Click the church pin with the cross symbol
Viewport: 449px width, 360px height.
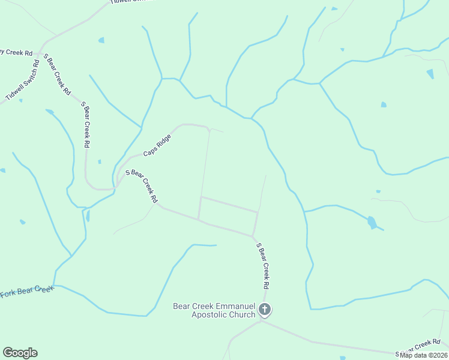(265, 310)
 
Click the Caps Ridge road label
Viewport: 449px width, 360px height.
(157, 146)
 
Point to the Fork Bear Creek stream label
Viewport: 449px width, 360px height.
(27, 292)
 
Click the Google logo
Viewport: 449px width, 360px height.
(20, 353)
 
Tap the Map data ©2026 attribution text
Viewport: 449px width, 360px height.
(423, 355)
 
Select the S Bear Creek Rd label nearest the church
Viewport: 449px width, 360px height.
(263, 266)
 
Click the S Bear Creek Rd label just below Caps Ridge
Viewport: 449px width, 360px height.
(141, 186)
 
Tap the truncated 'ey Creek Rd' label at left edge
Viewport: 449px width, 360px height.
(16, 53)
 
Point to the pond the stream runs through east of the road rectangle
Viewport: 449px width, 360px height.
(372, 223)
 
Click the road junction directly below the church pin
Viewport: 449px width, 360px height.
(261, 320)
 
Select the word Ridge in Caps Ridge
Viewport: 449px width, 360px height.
(164, 142)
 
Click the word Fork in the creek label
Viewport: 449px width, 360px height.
(8, 293)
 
